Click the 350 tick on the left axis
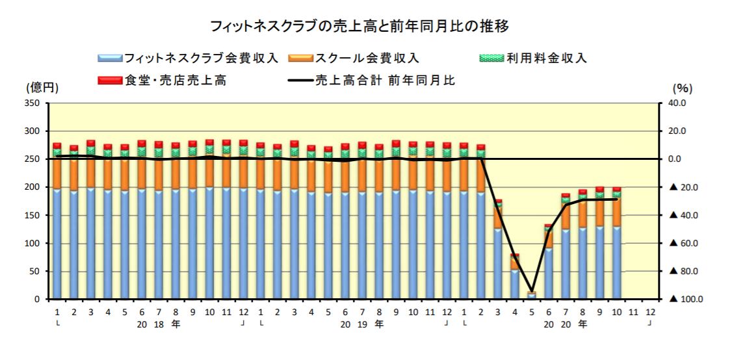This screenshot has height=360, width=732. point(33,103)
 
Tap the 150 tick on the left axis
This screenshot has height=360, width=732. point(33,216)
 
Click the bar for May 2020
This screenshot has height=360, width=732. point(532,296)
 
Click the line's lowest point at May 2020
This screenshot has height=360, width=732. point(532,292)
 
